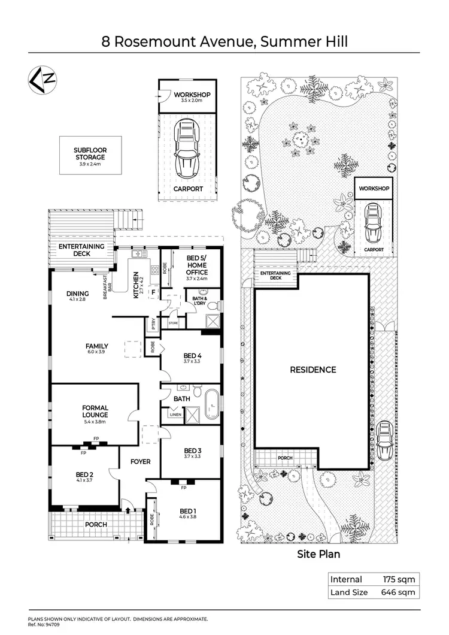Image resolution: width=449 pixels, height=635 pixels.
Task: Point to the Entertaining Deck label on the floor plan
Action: (81, 250)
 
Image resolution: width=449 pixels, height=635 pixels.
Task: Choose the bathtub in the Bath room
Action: (211, 405)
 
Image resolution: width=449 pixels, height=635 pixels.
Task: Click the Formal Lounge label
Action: (95, 412)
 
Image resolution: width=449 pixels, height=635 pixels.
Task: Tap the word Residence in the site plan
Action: (313, 370)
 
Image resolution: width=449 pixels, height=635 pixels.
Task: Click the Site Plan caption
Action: (318, 554)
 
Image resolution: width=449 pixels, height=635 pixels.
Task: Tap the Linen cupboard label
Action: (175, 414)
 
